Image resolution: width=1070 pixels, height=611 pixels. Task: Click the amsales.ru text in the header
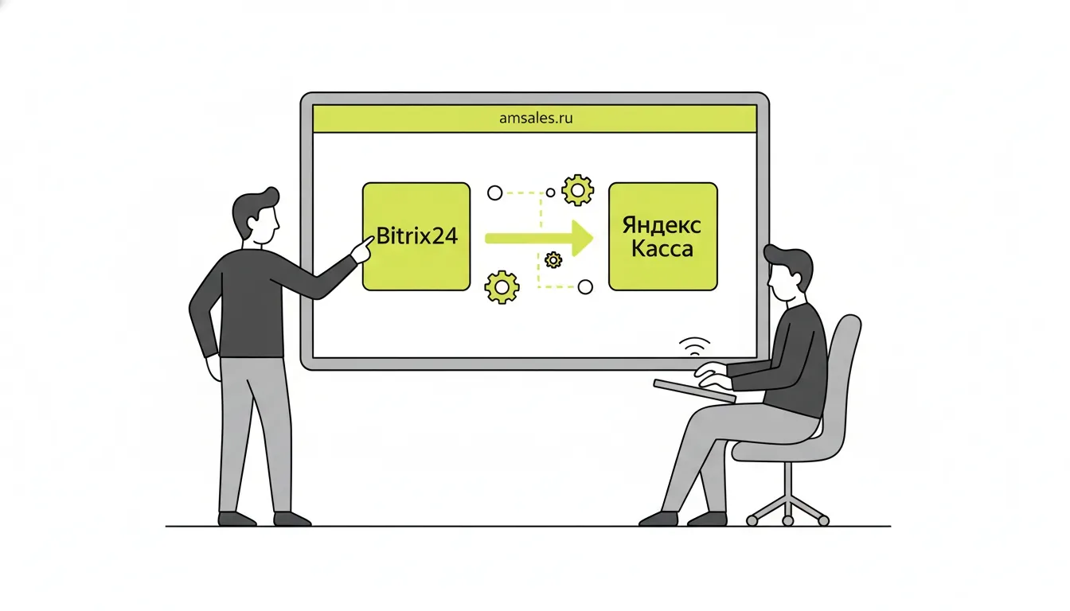[536, 118]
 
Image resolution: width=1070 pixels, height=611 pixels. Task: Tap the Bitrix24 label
[417, 235]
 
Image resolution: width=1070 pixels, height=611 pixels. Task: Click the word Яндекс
[662, 225]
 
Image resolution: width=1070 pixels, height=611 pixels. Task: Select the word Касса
[662, 249]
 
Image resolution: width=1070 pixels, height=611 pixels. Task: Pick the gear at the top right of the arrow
[577, 190]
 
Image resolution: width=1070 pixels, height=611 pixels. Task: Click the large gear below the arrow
[502, 287]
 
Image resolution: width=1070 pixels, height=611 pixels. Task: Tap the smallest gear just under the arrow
[553, 260]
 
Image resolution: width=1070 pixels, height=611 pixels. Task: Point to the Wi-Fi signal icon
[694, 346]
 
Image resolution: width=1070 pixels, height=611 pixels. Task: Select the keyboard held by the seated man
[694, 391]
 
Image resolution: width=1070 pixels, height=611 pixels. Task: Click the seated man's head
[787, 273]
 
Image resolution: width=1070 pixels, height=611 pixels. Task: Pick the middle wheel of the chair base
[788, 521]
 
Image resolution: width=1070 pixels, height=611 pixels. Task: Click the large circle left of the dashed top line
[495, 193]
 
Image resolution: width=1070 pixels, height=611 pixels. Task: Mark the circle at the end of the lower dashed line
[585, 287]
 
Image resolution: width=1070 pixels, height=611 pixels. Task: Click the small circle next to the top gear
[550, 193]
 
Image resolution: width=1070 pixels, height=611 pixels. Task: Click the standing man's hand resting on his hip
[213, 368]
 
